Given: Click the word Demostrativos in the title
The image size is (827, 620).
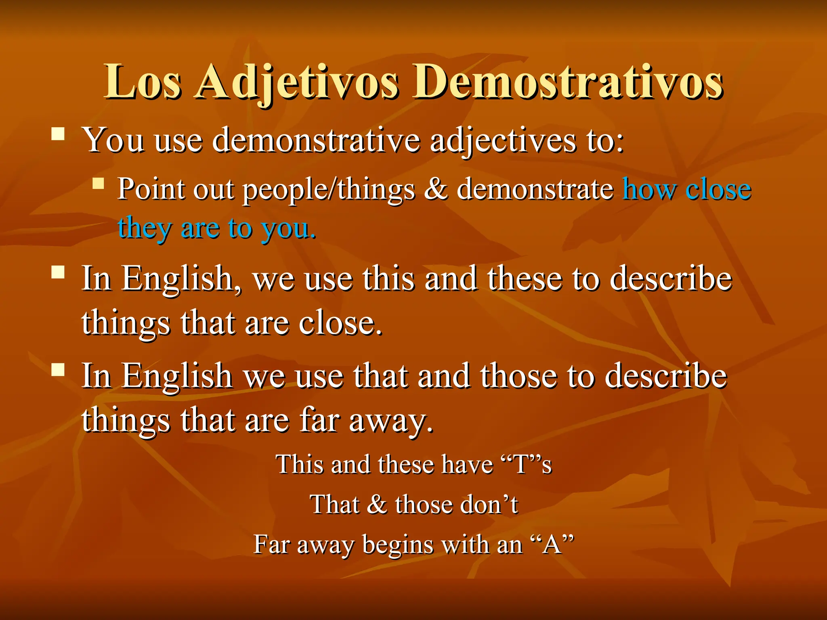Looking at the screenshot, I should click(x=567, y=83).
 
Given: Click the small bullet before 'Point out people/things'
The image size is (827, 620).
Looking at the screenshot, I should click(x=98, y=184).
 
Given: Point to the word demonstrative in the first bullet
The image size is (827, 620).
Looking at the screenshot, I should click(x=316, y=140).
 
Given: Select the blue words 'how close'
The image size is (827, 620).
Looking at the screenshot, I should click(x=686, y=189).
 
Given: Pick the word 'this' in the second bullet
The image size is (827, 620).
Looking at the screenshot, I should click(x=388, y=279).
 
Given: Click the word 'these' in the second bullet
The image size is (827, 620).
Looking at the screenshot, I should click(x=525, y=279).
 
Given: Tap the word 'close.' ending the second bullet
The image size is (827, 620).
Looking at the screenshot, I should click(x=340, y=323).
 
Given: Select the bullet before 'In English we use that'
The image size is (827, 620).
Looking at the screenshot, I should click(x=59, y=369).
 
